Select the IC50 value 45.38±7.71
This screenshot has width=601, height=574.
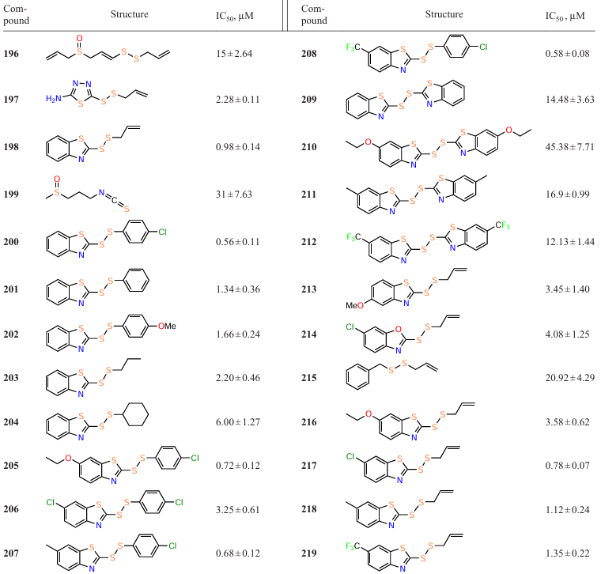point(569,147)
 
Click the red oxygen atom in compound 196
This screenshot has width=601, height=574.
point(78,38)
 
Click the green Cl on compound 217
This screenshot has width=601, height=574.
point(352,456)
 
